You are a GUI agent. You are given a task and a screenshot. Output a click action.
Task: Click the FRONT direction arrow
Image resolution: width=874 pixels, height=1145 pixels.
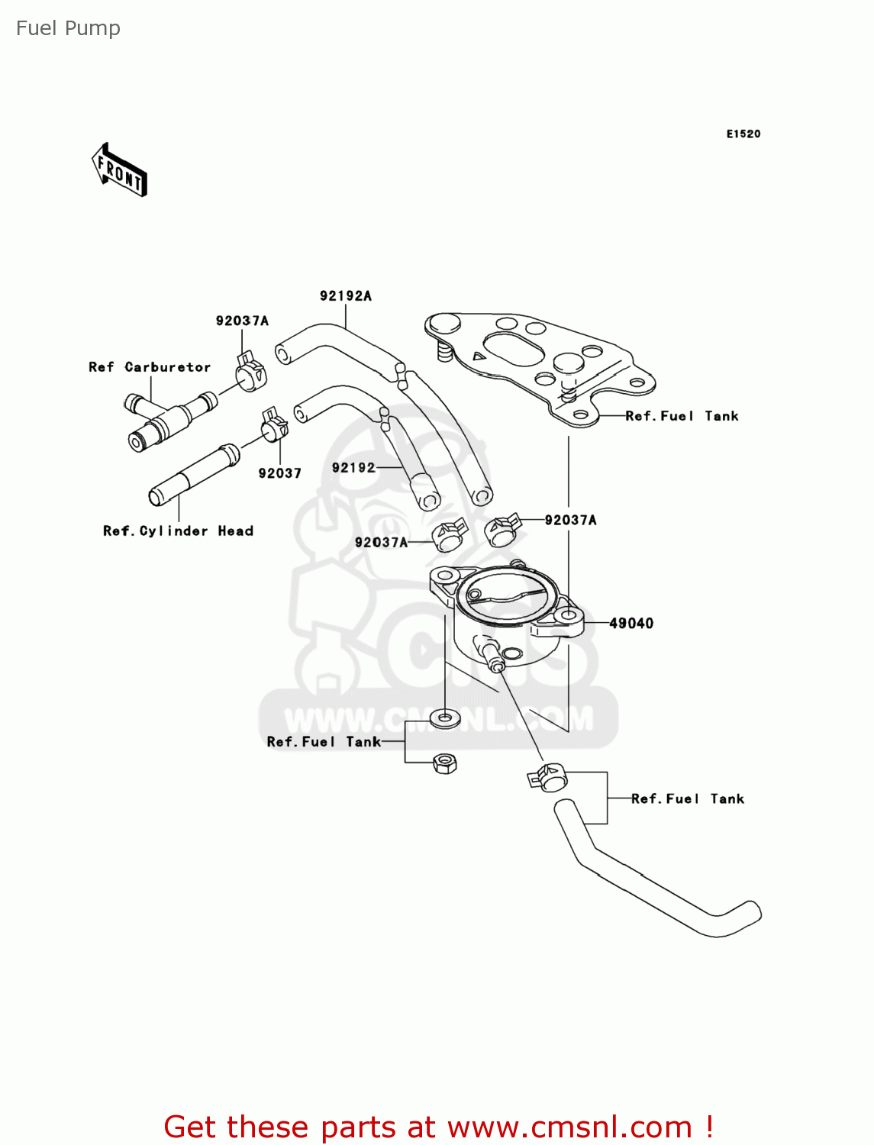pyautogui.click(x=119, y=170)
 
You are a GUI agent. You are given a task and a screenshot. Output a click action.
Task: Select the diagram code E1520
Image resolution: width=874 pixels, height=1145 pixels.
pyautogui.click(x=743, y=134)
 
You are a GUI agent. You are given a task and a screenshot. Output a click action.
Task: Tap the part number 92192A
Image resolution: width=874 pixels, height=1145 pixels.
pyautogui.click(x=345, y=296)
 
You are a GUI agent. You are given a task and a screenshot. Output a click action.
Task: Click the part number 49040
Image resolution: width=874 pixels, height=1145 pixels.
pyautogui.click(x=631, y=624)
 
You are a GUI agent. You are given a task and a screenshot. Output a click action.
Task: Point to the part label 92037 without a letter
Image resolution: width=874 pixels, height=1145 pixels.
pyautogui.click(x=279, y=473)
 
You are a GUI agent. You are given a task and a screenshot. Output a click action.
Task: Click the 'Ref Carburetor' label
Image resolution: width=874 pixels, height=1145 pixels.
pyautogui.click(x=150, y=367)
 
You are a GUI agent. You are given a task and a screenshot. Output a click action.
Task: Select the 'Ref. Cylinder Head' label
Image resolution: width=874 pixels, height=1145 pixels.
pyautogui.click(x=178, y=531)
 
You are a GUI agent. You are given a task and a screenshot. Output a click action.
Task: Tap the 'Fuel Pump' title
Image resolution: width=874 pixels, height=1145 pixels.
pyautogui.click(x=68, y=28)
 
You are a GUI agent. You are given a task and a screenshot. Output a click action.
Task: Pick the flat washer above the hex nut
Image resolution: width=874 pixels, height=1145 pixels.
pyautogui.click(x=445, y=718)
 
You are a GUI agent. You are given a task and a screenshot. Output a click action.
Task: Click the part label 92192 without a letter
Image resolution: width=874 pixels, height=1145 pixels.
pyautogui.click(x=353, y=468)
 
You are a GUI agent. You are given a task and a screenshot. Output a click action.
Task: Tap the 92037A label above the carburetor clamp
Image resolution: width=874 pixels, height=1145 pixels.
pyautogui.click(x=242, y=321)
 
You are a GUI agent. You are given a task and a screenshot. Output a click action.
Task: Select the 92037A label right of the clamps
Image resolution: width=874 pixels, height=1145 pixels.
pyautogui.click(x=570, y=521)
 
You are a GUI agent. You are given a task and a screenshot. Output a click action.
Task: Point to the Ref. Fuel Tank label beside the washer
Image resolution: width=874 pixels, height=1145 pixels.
pyautogui.click(x=324, y=742)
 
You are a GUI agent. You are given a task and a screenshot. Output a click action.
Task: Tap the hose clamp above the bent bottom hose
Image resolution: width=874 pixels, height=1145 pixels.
pyautogui.click(x=547, y=777)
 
